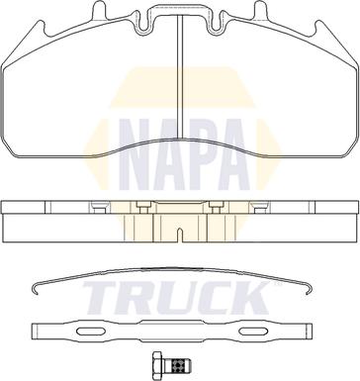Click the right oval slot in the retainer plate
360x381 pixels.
point(253,332)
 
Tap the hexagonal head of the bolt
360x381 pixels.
point(158,365)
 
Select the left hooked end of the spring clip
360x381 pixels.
point(37,288)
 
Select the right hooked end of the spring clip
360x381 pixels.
point(308,288)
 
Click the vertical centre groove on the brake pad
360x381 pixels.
point(180,76)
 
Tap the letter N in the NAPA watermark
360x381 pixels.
point(135,154)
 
